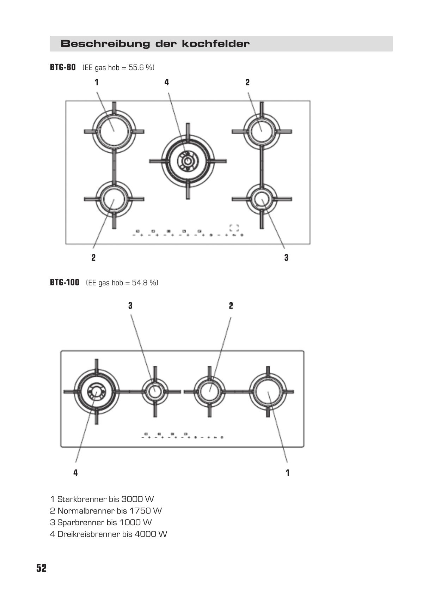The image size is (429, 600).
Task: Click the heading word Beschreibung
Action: (x=105, y=44)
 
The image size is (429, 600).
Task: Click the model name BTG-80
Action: (x=63, y=67)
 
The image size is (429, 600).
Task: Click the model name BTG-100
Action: (x=65, y=282)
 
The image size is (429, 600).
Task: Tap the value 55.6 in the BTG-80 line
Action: (x=136, y=67)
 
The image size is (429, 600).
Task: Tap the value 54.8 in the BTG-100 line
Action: (x=140, y=283)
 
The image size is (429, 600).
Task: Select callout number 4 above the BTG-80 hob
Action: (x=167, y=82)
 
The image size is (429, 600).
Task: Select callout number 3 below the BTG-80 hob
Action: (x=286, y=257)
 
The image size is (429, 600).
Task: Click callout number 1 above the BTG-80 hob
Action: (x=97, y=82)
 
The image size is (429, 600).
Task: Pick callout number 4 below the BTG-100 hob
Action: (x=76, y=473)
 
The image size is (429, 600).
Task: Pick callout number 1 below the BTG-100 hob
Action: (x=288, y=473)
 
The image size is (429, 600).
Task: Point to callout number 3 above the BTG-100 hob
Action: (x=130, y=305)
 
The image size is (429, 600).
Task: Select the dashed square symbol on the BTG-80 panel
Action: (x=234, y=228)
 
